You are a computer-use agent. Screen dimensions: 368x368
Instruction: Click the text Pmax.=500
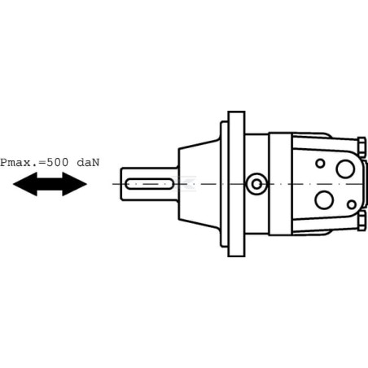(34, 163)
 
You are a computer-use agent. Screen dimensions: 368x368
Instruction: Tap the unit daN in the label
(88, 163)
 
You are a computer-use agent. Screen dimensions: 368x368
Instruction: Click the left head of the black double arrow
(25, 184)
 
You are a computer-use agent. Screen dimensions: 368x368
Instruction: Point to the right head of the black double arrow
(75, 184)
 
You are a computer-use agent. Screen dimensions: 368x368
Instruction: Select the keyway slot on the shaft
(149, 184)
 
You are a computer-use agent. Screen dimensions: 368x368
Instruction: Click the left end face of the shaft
(121, 184)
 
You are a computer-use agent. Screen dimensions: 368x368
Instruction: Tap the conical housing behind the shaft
(199, 184)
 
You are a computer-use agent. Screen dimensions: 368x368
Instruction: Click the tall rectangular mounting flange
(236, 184)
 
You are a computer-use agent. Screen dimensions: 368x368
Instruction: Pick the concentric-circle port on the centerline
(256, 184)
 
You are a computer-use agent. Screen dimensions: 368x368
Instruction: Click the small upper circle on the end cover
(320, 164)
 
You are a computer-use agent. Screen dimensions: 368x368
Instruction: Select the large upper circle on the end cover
(345, 169)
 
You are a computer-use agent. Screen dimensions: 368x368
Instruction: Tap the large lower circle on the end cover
(324, 199)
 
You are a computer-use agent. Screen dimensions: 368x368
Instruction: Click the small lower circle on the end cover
(352, 204)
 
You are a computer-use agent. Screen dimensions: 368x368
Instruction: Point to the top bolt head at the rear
(361, 147)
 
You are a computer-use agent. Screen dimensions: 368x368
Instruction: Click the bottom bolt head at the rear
(361, 221)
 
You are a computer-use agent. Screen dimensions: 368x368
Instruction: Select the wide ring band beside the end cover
(280, 184)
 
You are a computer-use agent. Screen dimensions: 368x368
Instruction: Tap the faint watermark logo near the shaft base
(186, 183)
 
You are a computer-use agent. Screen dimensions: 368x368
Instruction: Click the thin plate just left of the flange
(224, 184)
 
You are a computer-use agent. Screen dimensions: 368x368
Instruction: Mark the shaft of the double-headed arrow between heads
(50, 184)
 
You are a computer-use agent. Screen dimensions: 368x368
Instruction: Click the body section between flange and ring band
(257, 184)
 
